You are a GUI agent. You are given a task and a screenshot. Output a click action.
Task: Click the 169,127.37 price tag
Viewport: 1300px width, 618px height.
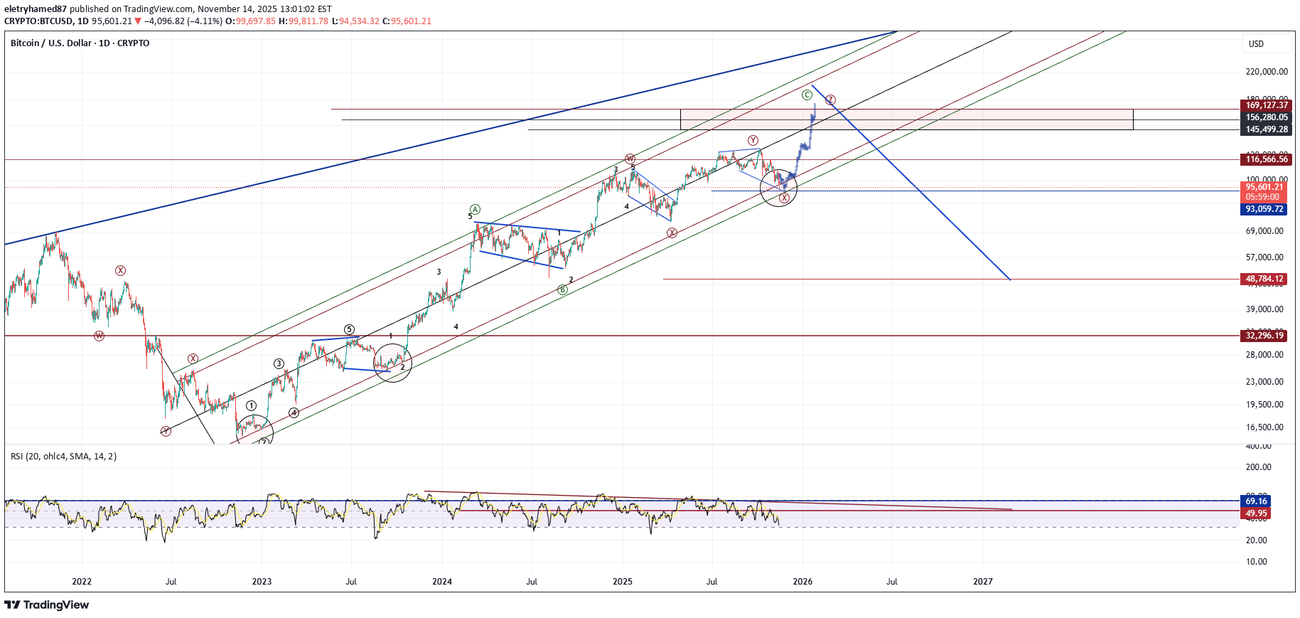click(1267, 105)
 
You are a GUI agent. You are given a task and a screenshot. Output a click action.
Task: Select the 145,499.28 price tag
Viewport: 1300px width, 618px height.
click(1267, 129)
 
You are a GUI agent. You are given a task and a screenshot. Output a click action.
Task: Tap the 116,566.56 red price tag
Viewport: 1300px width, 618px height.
click(1267, 159)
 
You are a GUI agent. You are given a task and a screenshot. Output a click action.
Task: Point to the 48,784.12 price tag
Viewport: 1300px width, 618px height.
click(1264, 279)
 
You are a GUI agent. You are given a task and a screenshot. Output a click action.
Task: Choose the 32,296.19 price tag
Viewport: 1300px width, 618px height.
click(1264, 336)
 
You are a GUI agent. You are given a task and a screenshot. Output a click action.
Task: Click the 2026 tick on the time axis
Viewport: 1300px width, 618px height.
click(802, 582)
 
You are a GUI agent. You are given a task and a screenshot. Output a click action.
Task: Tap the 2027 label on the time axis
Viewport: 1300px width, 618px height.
click(983, 582)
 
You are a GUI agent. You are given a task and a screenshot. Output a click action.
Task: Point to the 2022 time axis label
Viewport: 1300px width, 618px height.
click(82, 582)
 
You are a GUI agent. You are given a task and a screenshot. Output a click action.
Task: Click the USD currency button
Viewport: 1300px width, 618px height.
click(1257, 44)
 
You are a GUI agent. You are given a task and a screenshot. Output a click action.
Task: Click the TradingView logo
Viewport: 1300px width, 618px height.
click(47, 605)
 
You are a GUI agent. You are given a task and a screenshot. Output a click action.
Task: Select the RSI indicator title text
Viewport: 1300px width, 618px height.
click(63, 457)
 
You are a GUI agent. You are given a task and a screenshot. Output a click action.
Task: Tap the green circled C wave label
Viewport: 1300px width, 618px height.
click(807, 95)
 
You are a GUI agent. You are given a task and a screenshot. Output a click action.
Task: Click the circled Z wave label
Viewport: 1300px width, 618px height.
click(830, 100)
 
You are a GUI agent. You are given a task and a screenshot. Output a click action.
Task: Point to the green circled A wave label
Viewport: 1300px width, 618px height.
click(475, 209)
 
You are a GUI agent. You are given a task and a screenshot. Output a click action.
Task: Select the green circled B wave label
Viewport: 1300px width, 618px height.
click(562, 289)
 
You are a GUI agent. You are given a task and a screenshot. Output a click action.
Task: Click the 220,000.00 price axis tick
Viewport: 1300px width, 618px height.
click(1267, 72)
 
